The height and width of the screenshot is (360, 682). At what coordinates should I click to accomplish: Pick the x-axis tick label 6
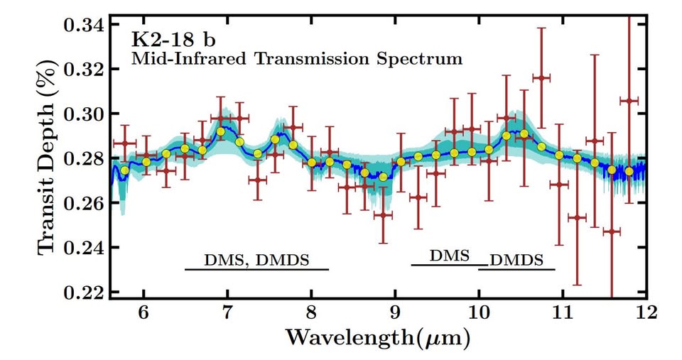[x=144, y=312]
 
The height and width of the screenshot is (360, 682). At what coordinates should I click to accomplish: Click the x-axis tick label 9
[x=395, y=312]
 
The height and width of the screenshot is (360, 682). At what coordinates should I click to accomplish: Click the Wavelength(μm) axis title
[x=377, y=338]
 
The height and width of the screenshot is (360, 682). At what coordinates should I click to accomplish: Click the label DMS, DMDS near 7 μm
[x=256, y=259]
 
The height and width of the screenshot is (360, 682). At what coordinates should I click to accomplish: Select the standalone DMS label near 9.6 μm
[x=450, y=256]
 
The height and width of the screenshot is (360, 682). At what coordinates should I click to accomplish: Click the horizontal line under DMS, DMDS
[x=256, y=270]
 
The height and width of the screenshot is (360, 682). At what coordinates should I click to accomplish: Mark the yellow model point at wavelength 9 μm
[x=401, y=162]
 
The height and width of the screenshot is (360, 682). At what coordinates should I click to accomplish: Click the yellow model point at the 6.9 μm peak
[x=220, y=131]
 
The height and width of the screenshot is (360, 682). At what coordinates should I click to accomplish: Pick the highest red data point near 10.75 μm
[x=541, y=78]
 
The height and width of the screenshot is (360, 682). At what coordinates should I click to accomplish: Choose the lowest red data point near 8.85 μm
[x=383, y=215]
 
